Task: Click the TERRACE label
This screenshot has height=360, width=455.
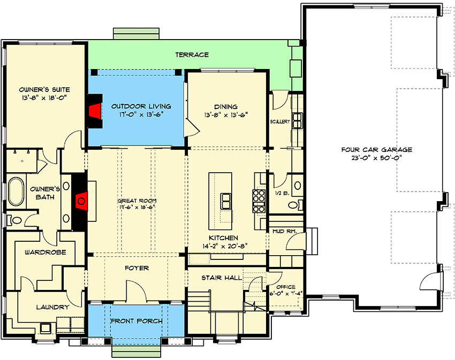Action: point(192,55)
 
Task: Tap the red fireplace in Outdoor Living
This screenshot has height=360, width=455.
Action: point(95,111)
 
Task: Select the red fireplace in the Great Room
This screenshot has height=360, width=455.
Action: point(81,201)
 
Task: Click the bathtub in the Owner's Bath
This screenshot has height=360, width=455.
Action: point(16,192)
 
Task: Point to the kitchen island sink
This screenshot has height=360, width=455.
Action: point(226,201)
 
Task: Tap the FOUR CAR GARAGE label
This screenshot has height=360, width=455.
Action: point(377,150)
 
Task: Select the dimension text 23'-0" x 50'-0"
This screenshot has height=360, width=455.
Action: point(377,158)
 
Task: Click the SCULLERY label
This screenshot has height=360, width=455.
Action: point(280,121)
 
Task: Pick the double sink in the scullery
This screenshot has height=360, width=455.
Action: point(298,121)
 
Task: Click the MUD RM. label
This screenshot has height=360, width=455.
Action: point(284,232)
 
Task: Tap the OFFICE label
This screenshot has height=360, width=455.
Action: point(286,287)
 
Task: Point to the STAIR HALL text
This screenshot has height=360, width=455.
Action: point(222,278)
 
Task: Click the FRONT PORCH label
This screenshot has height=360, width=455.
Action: point(136,321)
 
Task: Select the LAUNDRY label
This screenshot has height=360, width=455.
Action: point(53,307)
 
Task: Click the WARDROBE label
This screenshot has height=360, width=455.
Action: point(45,252)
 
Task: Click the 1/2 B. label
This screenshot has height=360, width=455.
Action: point(282,193)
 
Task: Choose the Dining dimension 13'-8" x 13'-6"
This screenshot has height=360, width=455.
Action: point(226,115)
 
